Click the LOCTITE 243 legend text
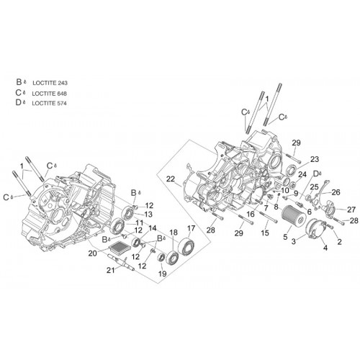coord(50,83)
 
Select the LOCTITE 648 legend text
coord(49,94)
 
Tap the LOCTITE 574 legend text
coord(49,104)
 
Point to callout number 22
coord(171,179)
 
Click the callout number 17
coord(191,228)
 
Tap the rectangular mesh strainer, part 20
coord(117,247)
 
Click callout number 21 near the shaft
coord(111,270)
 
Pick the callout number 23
coord(315,159)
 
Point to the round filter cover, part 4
coord(316,228)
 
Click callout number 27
coord(351,210)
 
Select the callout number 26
coord(336,192)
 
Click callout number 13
coord(148,214)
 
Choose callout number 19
coord(163,274)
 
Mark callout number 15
coord(265,233)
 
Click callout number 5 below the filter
coord(285,237)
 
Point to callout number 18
coord(174,233)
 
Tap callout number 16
coord(251,214)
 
